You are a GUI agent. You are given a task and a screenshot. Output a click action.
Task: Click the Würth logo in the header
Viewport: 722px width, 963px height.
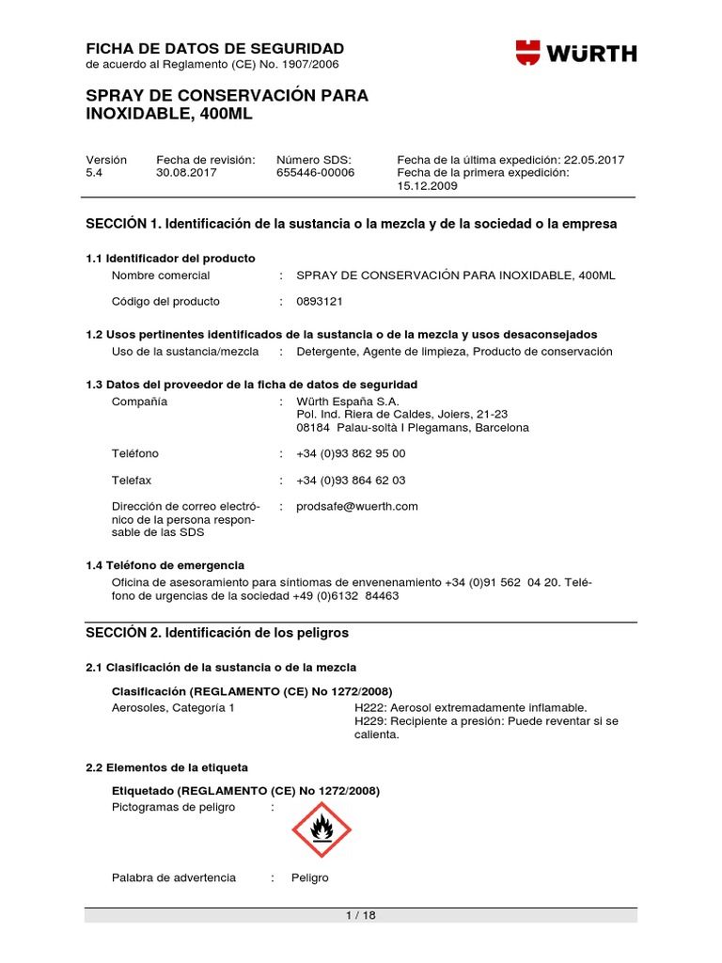click(575, 52)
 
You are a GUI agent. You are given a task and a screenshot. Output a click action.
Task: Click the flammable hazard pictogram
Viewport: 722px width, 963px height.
click(322, 829)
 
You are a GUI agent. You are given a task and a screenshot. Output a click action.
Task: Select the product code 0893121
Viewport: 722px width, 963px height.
click(320, 301)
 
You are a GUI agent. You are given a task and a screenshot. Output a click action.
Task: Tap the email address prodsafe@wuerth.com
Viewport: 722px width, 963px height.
click(356, 506)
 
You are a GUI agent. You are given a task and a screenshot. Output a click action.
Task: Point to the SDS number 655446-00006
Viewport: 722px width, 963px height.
click(315, 173)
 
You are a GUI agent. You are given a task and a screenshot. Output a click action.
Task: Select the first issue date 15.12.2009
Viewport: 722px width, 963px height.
click(427, 186)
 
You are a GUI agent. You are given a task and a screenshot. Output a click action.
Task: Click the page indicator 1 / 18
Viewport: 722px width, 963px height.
click(360, 916)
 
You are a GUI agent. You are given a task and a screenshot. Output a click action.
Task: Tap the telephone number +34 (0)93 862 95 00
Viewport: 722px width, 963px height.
click(351, 453)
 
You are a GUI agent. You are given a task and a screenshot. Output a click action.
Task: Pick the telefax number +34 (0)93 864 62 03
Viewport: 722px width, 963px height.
click(351, 480)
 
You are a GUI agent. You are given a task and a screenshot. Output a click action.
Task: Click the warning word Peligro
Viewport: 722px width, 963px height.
click(310, 877)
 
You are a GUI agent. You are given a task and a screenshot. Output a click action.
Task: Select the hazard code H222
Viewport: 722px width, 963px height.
click(370, 707)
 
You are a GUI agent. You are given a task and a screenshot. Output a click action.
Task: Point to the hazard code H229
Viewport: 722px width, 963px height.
click(370, 721)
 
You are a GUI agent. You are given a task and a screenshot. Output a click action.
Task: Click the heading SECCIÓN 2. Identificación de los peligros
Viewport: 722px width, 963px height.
click(217, 633)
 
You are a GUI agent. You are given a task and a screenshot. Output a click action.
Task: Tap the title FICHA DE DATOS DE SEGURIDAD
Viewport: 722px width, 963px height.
click(215, 48)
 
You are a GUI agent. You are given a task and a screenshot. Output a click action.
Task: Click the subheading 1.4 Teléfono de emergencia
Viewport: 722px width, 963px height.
click(165, 565)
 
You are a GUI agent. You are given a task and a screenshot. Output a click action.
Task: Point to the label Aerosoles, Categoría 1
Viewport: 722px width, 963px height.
click(173, 707)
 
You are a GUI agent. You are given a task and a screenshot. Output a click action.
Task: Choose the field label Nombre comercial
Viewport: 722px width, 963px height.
click(161, 275)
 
